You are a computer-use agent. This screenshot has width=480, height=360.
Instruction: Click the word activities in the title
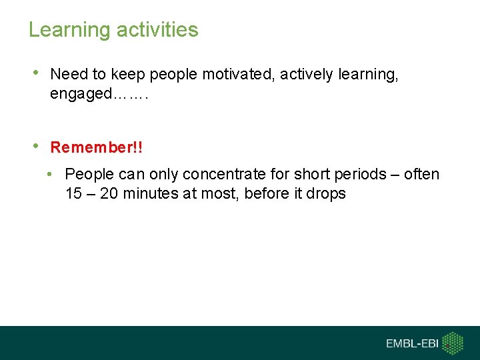click(157, 30)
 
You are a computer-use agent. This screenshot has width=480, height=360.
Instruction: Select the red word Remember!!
click(97, 147)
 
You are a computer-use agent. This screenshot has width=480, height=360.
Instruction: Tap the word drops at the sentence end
click(327, 194)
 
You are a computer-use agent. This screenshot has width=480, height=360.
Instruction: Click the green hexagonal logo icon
click(453, 343)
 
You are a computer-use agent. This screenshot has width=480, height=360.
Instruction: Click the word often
click(421, 175)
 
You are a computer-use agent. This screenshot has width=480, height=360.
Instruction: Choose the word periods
click(360, 175)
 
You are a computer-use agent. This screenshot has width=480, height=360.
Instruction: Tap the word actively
click(307, 75)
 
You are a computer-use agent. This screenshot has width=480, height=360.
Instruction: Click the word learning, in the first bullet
click(369, 75)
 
